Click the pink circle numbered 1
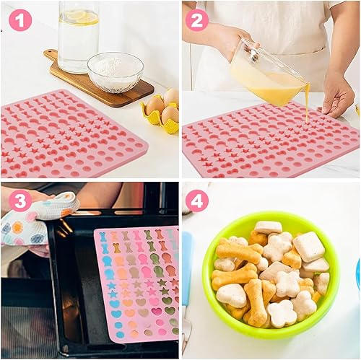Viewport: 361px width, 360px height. (x=20, y=20)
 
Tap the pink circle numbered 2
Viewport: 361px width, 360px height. (x=197, y=20)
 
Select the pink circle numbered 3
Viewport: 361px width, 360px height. (x=20, y=201)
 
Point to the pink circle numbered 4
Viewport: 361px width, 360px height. (x=197, y=201)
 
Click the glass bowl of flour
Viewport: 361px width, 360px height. (x=116, y=72)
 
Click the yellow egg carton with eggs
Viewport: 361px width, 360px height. (x=161, y=110)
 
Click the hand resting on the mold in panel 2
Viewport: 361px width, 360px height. (x=338, y=96)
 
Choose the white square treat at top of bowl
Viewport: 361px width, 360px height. (x=269, y=227)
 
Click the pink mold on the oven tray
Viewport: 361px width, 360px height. (x=137, y=284)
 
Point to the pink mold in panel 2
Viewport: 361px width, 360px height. (x=269, y=142)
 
